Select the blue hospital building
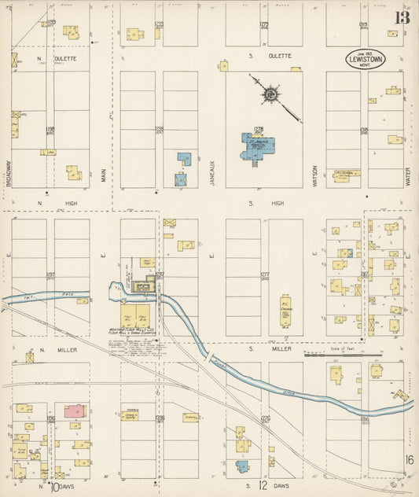tap(257, 145)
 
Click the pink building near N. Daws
tap(75, 410)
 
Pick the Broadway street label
tap(9, 174)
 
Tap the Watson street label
tap(314, 174)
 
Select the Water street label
tap(409, 174)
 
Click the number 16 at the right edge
tap(410, 459)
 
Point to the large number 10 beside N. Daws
tap(55, 488)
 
